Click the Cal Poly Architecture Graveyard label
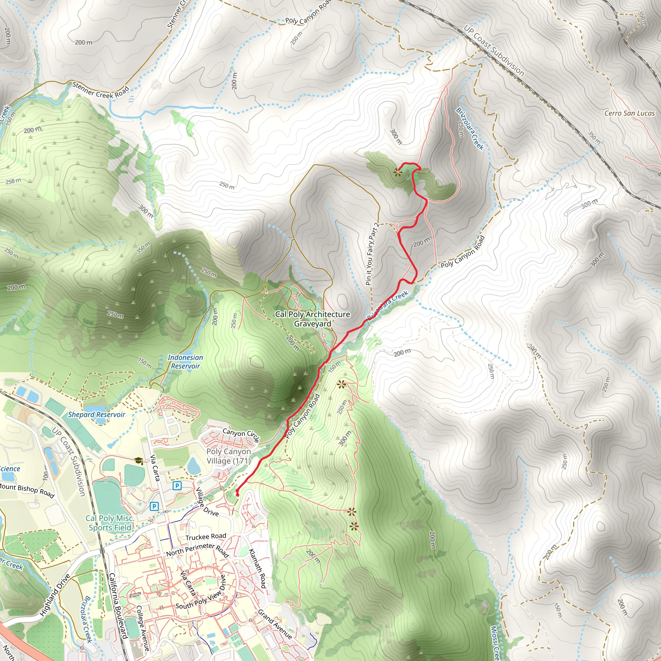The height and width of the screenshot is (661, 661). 312,319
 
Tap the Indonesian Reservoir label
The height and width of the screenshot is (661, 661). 185,361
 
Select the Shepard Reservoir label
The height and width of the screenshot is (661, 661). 97,415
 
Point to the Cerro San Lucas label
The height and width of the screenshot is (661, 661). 629,113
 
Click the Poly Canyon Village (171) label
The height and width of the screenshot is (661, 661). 229,456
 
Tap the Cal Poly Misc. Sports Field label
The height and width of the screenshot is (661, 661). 109,523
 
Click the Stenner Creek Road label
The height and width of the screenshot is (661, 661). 101,90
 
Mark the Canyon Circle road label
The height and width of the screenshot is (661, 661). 241,435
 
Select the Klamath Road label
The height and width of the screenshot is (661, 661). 257,568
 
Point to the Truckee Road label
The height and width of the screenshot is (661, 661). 206,536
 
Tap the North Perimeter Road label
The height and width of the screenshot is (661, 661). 197,551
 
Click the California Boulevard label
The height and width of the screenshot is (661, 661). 118,605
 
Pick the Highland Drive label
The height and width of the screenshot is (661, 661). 55,595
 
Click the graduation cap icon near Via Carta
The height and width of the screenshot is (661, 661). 138,461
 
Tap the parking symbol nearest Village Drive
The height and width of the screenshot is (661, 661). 177,485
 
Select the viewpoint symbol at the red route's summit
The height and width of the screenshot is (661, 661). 397,172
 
